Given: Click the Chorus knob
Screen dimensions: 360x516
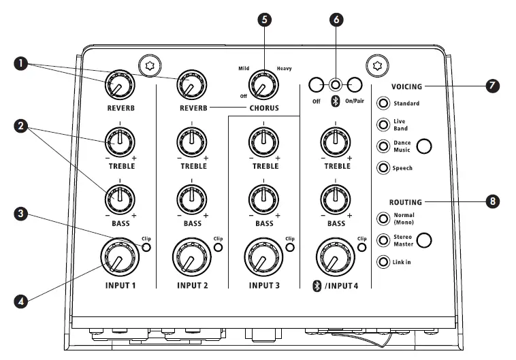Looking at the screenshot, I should point(259,86).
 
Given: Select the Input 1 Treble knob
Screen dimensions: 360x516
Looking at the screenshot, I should point(120,141).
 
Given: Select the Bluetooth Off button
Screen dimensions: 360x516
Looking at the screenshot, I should point(315,85).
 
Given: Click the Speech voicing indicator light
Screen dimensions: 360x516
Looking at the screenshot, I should point(384,168).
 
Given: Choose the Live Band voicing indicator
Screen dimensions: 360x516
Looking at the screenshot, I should point(384,125).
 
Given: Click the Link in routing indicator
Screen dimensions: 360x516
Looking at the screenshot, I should point(384,262).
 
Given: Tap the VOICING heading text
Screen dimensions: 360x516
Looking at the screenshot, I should point(407,86).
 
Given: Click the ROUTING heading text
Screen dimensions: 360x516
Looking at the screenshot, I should point(406,202).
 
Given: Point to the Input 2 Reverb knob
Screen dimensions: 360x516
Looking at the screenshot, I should point(192,84).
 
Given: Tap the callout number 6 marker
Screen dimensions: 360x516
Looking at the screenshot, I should point(335,18).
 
